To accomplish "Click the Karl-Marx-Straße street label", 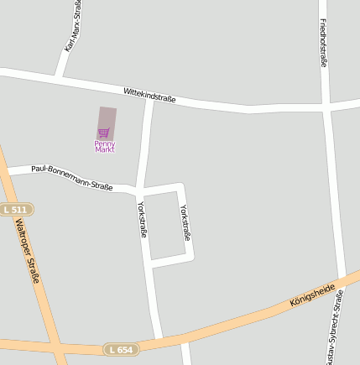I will [73, 26].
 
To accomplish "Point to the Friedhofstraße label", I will [323, 43].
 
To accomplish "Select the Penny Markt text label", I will [104, 147].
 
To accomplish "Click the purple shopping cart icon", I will [104, 132].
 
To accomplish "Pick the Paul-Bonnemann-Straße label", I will [72, 177].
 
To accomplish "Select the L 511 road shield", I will [16, 209].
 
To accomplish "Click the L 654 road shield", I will [121, 348].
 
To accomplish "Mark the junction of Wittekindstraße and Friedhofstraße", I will [326, 107].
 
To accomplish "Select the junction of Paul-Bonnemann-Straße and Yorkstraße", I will [138, 188].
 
